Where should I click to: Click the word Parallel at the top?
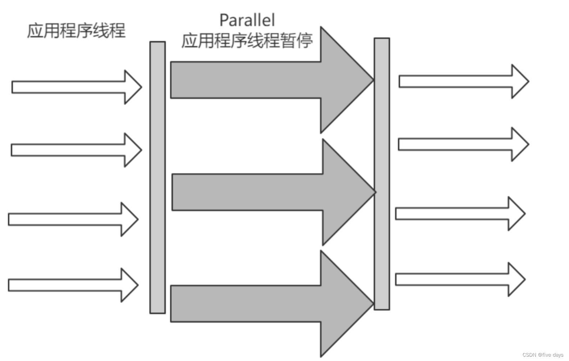pos(247,20)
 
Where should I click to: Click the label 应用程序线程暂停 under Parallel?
pos(247,41)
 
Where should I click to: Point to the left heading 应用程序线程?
pos(77,31)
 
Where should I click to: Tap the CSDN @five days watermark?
pos(543,355)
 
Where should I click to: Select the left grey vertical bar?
pos(157,177)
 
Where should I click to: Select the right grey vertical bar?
pos(382,174)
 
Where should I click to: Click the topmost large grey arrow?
pos(272,80)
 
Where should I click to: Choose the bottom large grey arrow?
pos(272,304)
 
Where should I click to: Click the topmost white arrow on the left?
pos(77,87)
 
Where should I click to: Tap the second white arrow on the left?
pos(76,150)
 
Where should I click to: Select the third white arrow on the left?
pos(73,219)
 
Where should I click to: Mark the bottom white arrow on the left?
pos(73,285)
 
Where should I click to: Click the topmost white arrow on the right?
pos(464,81)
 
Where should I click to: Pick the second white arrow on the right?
pos(464,144)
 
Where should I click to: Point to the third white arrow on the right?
pos(460,213)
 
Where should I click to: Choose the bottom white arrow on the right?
pos(460,279)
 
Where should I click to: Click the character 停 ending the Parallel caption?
pos(304,41)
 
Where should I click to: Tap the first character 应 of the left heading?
pos(35,31)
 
